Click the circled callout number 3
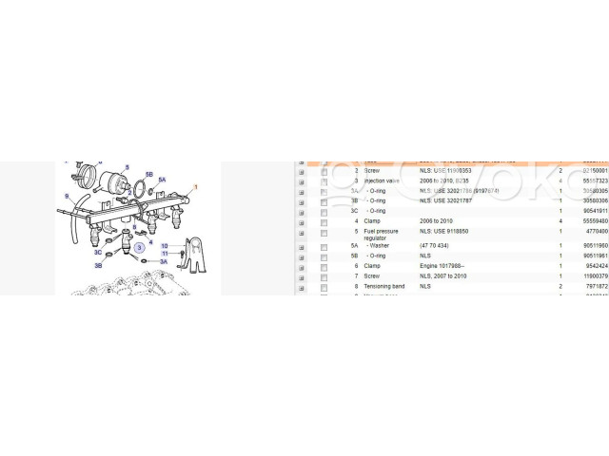[139, 248]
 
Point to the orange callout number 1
[196, 187]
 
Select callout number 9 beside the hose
[66, 196]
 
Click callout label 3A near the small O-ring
[163, 260]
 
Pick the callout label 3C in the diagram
[97, 253]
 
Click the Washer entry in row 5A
[380, 245]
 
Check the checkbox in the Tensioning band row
[324, 285]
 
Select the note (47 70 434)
[436, 245]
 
